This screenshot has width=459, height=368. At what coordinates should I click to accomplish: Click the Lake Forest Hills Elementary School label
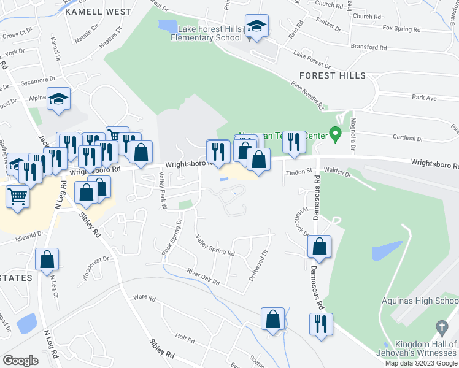point(209,33)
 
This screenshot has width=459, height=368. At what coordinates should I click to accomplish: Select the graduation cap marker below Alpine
point(58,100)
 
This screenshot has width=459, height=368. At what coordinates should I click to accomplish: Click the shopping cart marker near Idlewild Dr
point(17,197)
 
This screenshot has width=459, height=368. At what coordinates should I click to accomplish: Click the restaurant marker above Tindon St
point(294,142)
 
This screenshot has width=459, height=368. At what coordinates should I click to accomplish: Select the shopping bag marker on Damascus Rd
point(320,247)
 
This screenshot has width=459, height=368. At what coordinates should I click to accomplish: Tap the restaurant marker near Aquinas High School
point(321,324)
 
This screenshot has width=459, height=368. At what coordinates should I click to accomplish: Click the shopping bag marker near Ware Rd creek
point(272,320)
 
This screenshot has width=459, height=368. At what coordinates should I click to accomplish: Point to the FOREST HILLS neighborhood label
point(333,75)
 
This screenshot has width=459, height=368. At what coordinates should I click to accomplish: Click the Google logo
point(21,361)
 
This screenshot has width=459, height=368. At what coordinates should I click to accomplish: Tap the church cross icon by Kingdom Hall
point(441,327)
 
